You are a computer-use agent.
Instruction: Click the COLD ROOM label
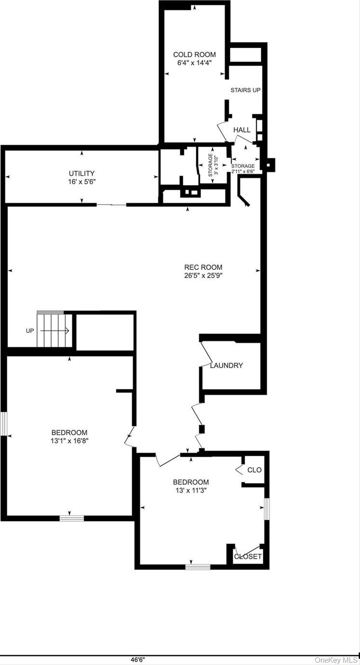pos(194,55)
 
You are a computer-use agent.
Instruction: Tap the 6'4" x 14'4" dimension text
pos(194,63)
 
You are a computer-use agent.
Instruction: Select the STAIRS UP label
pos(245,90)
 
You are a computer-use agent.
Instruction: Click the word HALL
pos(242,130)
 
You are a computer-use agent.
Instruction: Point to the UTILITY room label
pos(81,173)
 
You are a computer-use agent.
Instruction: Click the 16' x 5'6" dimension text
pos(81,181)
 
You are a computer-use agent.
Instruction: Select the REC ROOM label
pos(204,268)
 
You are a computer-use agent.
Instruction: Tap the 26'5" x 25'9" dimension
pos(204,276)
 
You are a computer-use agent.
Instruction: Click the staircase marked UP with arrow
pos(54,331)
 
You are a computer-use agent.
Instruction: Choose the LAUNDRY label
pos(226,366)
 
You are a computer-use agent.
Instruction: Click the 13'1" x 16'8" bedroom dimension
pos(70,440)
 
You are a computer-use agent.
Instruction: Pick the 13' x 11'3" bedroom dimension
pos(191,490)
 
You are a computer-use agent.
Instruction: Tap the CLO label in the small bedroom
pos(254,470)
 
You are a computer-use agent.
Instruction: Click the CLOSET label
pos(248,557)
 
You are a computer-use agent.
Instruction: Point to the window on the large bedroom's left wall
pos(3,424)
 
